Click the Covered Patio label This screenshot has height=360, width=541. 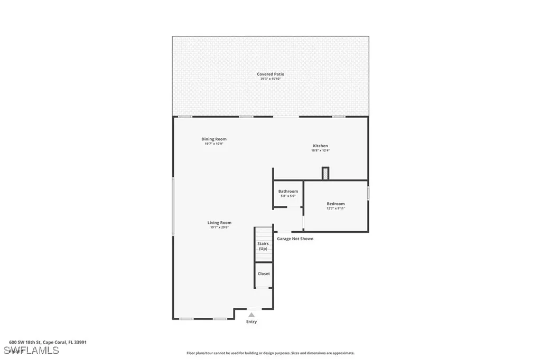270,74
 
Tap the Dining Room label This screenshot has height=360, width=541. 214,139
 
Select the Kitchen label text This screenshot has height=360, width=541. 320,146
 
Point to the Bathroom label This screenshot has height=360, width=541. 288,192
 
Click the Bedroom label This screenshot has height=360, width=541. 335,204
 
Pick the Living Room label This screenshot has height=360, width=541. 219,223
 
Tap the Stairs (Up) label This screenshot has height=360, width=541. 263,246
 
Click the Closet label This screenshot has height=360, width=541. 264,273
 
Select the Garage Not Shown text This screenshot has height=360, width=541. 295,239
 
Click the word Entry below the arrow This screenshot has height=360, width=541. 251,321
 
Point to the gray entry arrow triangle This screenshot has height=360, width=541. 251,315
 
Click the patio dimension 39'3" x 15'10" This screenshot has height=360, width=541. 270,79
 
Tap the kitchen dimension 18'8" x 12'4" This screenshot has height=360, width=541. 320,150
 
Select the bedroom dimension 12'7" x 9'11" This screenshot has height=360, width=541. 335,209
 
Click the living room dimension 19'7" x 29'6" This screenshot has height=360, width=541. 219,228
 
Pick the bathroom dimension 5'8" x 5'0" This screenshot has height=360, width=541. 288,196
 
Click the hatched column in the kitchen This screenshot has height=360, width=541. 325,173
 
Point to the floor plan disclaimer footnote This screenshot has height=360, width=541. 270,353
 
